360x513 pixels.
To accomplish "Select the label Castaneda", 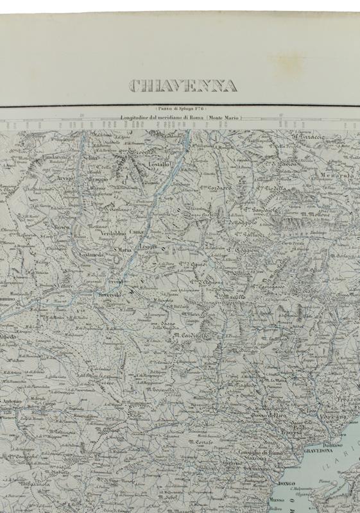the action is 94,255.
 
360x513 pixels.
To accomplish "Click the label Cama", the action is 135,231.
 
